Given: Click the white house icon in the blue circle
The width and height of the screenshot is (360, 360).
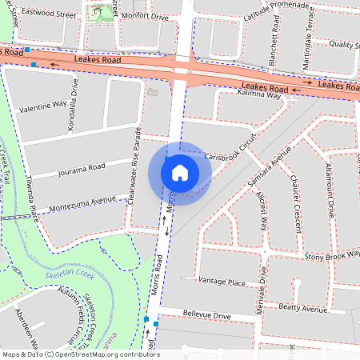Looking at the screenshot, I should click(x=180, y=172).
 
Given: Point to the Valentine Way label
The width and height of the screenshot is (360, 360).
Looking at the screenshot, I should click(x=41, y=106).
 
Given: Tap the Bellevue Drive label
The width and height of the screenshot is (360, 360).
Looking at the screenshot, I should click(x=207, y=316).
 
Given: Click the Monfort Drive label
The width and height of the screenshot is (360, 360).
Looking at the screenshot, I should click(x=146, y=16).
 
